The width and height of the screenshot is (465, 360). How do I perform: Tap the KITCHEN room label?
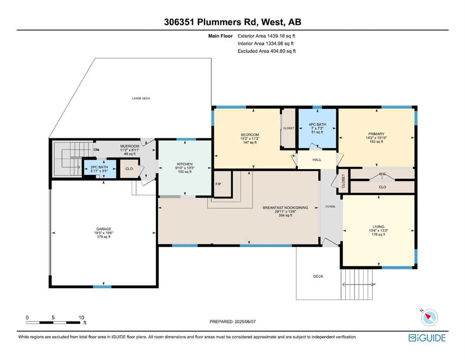point(185,164)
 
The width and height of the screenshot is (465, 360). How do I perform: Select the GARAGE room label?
point(103,229)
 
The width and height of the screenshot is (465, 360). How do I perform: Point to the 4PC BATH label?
point(317,124)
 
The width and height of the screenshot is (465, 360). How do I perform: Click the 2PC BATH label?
point(99,167)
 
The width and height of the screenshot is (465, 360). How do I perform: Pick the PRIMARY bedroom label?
point(376,134)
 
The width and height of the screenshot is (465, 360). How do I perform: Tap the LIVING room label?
point(378,226)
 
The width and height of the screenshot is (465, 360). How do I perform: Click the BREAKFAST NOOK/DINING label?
point(285,208)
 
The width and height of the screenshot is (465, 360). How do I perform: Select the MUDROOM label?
point(130,146)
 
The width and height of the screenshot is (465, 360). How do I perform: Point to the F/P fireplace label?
point(218,184)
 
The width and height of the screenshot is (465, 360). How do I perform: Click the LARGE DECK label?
point(141,98)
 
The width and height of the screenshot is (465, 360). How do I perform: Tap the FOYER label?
point(330,207)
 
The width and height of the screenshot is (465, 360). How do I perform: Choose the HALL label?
point(317,160)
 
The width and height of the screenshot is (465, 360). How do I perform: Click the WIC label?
point(382,174)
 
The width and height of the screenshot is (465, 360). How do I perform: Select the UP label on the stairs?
point(373,285)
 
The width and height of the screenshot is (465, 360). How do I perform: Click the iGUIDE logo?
point(427,338)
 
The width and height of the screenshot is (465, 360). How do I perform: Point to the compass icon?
point(429,317)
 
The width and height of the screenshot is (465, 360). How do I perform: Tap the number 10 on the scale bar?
point(81,317)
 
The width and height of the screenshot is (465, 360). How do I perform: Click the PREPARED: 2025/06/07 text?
point(232,322)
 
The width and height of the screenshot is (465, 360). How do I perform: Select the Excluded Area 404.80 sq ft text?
point(266,51)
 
